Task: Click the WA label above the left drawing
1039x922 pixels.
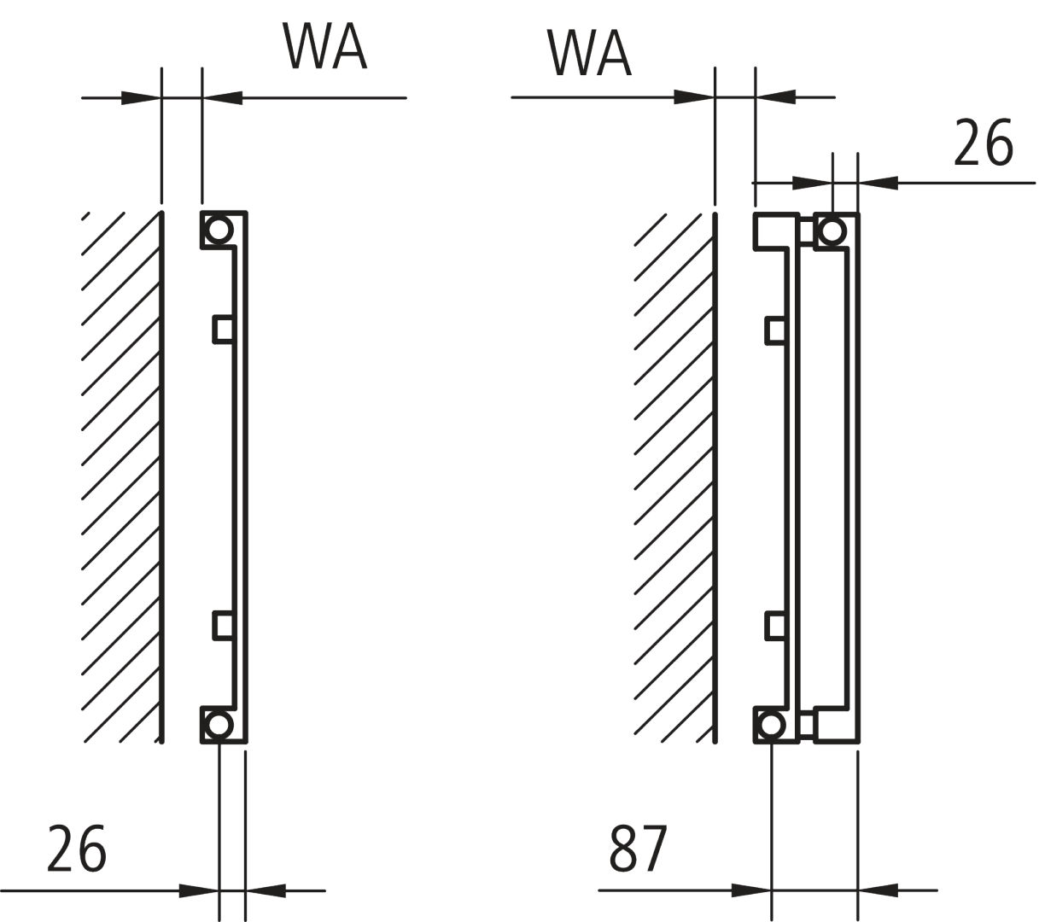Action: (325, 47)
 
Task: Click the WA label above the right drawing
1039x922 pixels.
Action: (589, 54)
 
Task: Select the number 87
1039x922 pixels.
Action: (638, 849)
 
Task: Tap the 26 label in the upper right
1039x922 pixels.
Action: (984, 143)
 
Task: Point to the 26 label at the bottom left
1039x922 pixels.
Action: (77, 849)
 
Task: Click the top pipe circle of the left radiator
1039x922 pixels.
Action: (219, 230)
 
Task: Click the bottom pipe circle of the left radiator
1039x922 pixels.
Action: (219, 725)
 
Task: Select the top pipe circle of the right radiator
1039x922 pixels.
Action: (831, 230)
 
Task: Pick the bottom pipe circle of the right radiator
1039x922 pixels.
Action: (771, 725)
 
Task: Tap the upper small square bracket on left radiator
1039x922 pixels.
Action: (223, 329)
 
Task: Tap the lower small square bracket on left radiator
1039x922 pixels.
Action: (223, 626)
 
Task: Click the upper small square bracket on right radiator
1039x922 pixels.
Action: (775, 330)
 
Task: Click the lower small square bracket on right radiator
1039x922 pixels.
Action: (775, 626)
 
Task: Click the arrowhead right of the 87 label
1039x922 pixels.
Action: (751, 890)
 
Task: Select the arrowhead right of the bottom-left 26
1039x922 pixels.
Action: (198, 890)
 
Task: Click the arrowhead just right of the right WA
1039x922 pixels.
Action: (693, 97)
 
